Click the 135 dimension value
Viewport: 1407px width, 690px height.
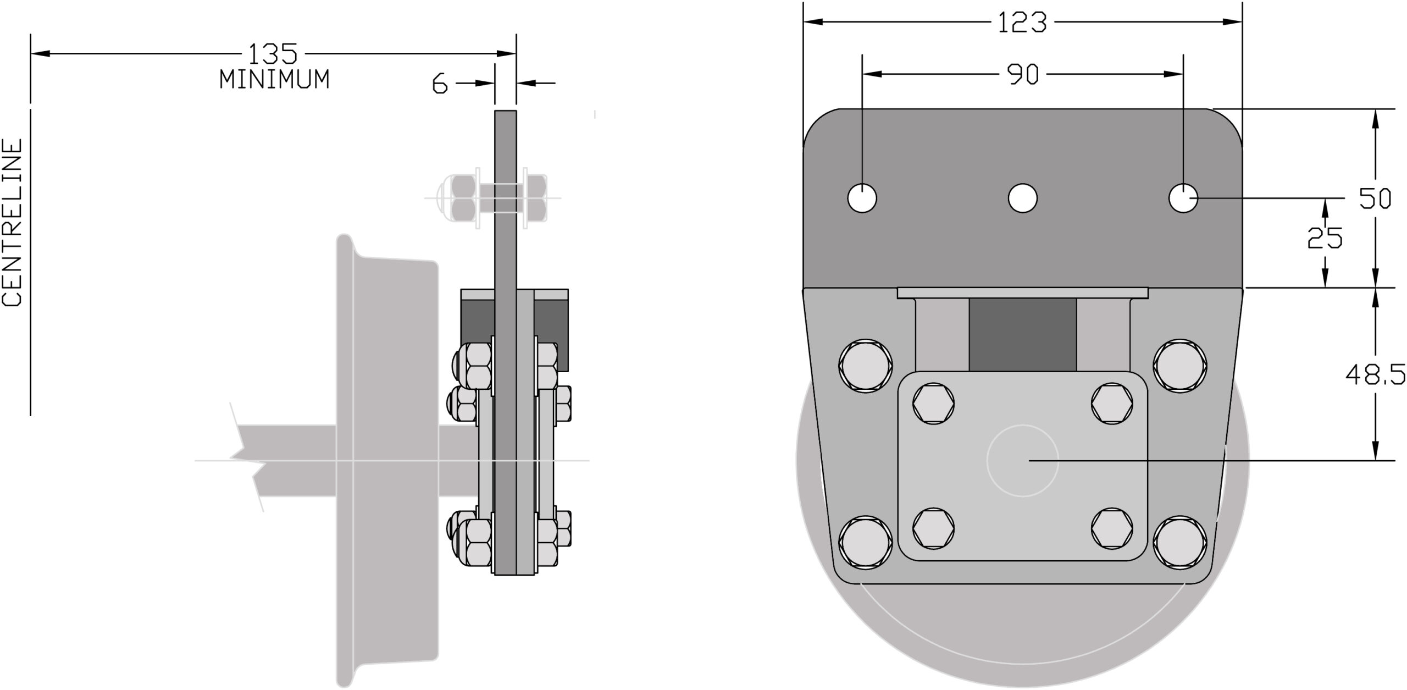(273, 54)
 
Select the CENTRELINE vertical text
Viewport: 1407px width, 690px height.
(13, 222)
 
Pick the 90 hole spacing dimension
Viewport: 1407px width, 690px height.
(1023, 75)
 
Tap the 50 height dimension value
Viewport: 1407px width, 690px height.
(1375, 198)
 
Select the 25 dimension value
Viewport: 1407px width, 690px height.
(1325, 238)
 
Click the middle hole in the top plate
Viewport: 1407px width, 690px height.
(1023, 198)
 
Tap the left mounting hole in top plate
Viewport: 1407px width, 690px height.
(862, 198)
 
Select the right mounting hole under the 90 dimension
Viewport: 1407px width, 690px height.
(1183, 198)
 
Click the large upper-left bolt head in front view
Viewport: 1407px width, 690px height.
(865, 365)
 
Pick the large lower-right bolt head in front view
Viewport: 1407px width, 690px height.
(1180, 542)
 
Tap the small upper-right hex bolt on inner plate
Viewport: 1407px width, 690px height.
(1112, 404)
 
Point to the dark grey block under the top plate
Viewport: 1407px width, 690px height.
(1022, 335)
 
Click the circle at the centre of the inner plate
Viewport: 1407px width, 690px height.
(1022, 460)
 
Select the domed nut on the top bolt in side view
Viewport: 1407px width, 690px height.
(448, 198)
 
